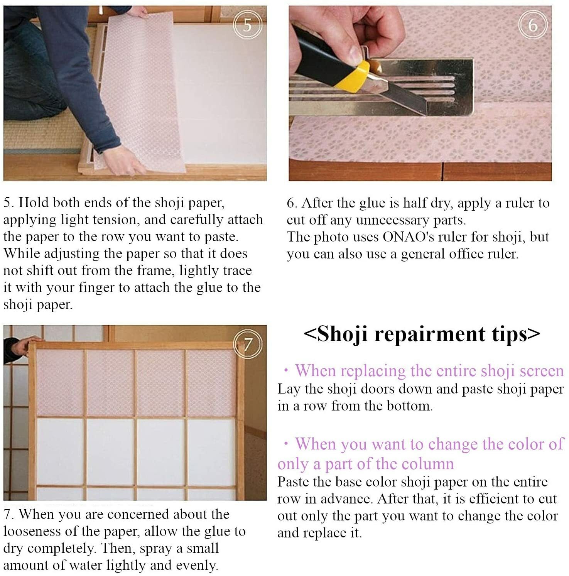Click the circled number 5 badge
[247, 25]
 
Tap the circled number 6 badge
[532, 25]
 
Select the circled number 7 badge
[247, 343]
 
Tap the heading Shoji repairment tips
[422, 334]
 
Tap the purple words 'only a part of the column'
[365, 464]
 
